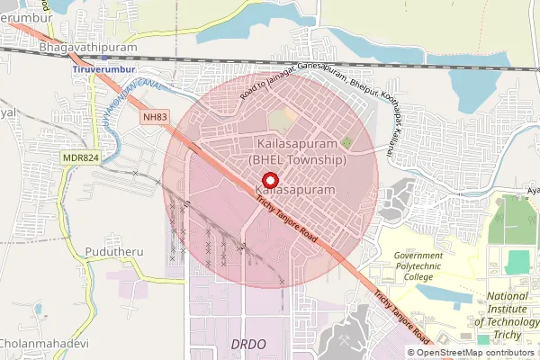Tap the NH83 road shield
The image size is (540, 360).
coord(155,117)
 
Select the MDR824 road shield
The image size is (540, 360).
coord(81,157)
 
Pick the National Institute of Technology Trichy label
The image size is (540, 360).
coord(509,316)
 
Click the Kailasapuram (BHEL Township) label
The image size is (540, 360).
coord(297,151)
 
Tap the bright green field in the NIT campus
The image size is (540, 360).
coord(517,262)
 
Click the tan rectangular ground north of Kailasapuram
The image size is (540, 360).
coord(283,118)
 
